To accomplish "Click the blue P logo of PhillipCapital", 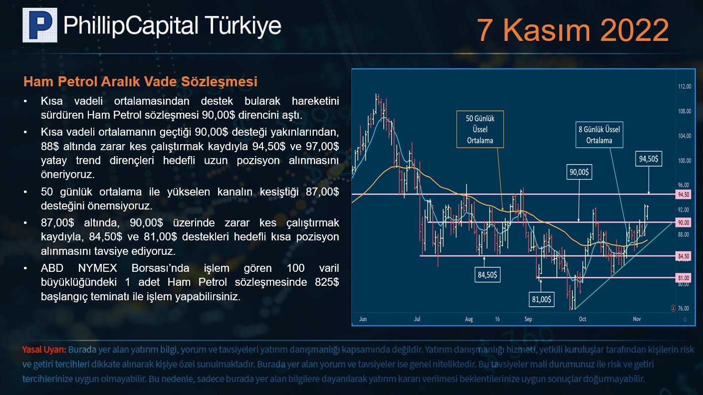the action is (40, 25).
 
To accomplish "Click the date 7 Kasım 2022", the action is (573, 30).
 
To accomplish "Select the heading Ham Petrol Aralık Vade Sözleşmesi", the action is (140, 82).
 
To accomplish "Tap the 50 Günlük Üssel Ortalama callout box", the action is (480, 129).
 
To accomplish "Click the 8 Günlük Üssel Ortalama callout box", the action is (599, 135).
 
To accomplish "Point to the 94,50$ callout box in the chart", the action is (649, 159).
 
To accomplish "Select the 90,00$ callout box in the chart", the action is (579, 172).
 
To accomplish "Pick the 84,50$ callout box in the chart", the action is (487, 275).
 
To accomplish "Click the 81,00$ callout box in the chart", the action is (541, 299).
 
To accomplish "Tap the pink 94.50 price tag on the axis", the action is (684, 195).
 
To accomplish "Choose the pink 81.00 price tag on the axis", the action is (684, 278).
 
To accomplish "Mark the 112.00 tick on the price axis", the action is (685, 87).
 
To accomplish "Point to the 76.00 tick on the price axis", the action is (684, 308).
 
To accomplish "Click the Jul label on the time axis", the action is (417, 319).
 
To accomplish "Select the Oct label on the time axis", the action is (582, 319).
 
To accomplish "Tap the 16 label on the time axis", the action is (497, 319).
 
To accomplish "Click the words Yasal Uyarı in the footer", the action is (44, 350).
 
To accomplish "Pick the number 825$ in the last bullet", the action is (327, 282).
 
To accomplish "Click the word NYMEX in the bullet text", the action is (97, 268).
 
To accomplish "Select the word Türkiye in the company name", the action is (243, 26).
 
